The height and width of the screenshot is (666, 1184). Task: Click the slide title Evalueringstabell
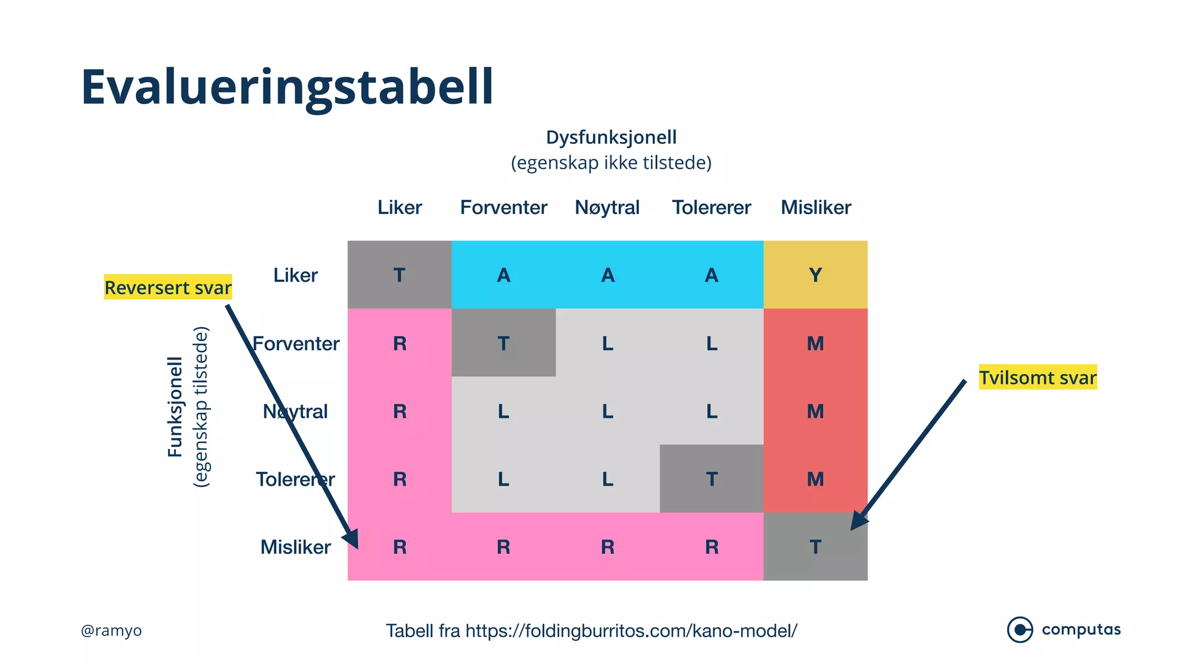pyautogui.click(x=287, y=87)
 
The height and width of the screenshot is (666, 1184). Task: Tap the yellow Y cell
pyautogui.click(x=815, y=275)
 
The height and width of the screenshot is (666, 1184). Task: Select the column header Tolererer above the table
pyautogui.click(x=711, y=207)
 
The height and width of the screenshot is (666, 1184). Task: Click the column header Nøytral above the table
pyautogui.click(x=607, y=207)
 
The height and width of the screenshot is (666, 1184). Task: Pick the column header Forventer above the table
pyautogui.click(x=504, y=207)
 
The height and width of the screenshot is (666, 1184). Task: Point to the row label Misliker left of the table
pyautogui.click(x=295, y=547)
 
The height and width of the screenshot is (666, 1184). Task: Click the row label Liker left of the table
pyautogui.click(x=295, y=275)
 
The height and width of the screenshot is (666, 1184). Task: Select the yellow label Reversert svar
pyautogui.click(x=168, y=287)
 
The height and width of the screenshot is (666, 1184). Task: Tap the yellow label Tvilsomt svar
pyautogui.click(x=1038, y=378)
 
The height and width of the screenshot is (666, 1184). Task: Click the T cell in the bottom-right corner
pyautogui.click(x=815, y=547)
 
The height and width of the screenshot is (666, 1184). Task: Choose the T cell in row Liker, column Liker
pyautogui.click(x=399, y=275)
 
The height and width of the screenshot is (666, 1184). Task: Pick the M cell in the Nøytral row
pyautogui.click(x=815, y=411)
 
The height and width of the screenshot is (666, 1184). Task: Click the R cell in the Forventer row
pyautogui.click(x=399, y=343)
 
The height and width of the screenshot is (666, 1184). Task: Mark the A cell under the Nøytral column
pyautogui.click(x=607, y=275)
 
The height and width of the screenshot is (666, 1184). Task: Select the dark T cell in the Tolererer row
pyautogui.click(x=711, y=479)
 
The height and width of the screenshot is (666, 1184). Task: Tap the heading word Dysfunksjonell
pyautogui.click(x=611, y=138)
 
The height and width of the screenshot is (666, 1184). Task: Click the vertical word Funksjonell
pyautogui.click(x=175, y=406)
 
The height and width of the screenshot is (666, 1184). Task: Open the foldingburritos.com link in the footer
pyautogui.click(x=631, y=631)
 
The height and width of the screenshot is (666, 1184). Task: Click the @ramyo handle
pyautogui.click(x=111, y=630)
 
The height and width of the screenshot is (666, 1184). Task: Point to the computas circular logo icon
pyautogui.click(x=1020, y=630)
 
